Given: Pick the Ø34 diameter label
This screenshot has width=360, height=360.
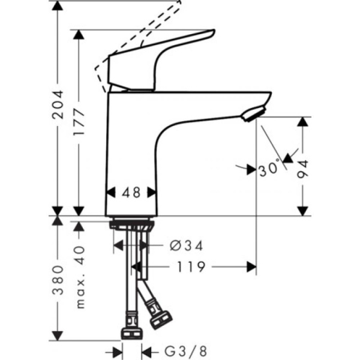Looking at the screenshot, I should click(x=187, y=245).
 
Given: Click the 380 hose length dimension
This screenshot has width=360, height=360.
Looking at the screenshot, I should click(x=58, y=280).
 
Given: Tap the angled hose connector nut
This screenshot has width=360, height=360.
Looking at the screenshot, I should click(x=161, y=317).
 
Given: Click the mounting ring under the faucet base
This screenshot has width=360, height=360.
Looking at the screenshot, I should click(x=132, y=226).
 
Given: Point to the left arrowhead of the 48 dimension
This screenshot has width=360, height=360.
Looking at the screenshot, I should click(x=110, y=193).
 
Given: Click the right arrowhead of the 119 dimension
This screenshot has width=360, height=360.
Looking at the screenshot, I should click(x=252, y=266).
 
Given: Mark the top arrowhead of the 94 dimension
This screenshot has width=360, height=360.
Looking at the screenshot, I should click(x=304, y=121).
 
